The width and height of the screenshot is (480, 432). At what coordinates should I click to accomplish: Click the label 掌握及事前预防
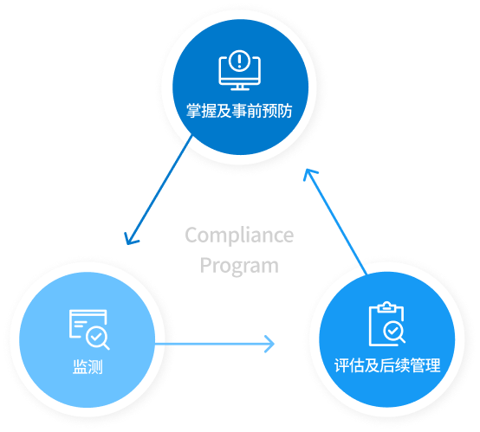click(239, 111)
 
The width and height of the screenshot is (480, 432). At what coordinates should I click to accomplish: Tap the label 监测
click(87, 366)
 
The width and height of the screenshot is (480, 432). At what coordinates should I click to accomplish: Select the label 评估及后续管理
click(387, 365)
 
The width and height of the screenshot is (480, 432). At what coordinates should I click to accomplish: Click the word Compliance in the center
click(239, 235)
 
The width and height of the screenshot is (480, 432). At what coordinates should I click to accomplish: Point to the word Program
click(239, 265)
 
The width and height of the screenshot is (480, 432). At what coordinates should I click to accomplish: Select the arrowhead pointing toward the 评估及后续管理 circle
click(269, 344)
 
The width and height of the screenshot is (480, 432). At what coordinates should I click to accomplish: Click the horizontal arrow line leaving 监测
click(208, 344)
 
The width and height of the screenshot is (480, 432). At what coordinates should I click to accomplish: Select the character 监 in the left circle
click(78, 366)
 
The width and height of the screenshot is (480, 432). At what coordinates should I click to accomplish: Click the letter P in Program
click(206, 265)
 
